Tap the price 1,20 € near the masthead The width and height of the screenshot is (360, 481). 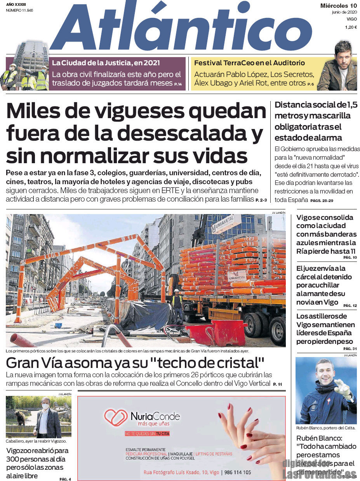pyautogui.click(x=351, y=27)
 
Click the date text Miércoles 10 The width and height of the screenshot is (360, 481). pyautogui.click(x=338, y=5)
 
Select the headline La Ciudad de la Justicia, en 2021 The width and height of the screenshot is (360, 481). pyautogui.click(x=106, y=63)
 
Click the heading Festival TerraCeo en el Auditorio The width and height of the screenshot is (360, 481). pyautogui.click(x=249, y=63)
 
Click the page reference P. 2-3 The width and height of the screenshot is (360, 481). pyautogui.click(x=261, y=200)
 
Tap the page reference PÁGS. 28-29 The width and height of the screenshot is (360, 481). pyautogui.click(x=322, y=200)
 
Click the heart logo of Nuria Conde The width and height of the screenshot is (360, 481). pyautogui.click(x=116, y=417)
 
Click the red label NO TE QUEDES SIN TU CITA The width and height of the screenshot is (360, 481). pyautogui.click(x=147, y=433)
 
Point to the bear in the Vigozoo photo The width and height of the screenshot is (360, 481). pyautogui.click(x=20, y=417)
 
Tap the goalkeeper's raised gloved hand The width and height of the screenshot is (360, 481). pyautogui.click(x=343, y=387)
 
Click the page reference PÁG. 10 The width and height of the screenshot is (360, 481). pyautogui.click(x=350, y=258)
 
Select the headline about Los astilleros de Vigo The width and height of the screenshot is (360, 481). pyautogui.click(x=325, y=329)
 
